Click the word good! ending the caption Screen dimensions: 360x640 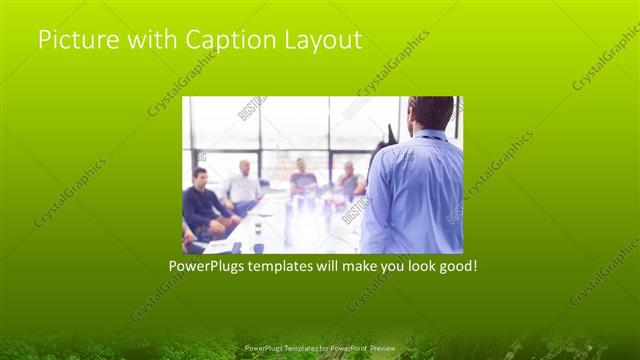pos(454,267)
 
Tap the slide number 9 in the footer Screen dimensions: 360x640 pos(589,347)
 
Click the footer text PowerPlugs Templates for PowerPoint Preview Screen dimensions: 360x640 pos(319,347)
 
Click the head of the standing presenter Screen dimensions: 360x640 pos(431,112)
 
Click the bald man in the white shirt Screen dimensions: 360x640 pos(243,184)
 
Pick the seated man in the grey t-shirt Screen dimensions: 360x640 pos(303,179)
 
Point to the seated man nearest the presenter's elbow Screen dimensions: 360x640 pos(349,181)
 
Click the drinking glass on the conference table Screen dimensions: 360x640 pos(256,227)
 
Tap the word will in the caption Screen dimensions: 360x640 pos(321,267)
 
